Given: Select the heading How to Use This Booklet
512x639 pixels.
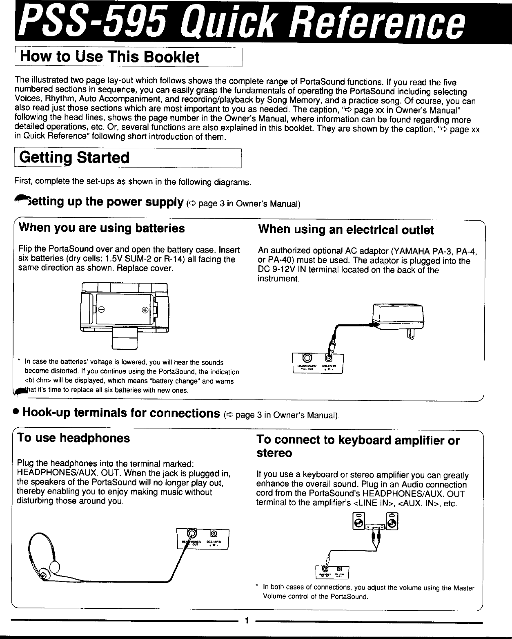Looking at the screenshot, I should pos(109,57).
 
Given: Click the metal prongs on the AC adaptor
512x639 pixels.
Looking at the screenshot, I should pos(411,335).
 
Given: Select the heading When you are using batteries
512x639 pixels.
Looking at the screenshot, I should pos(102,228).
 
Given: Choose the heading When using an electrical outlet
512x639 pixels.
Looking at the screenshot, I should pos(346,230).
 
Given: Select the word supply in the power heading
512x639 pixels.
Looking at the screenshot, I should pos(161,202).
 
